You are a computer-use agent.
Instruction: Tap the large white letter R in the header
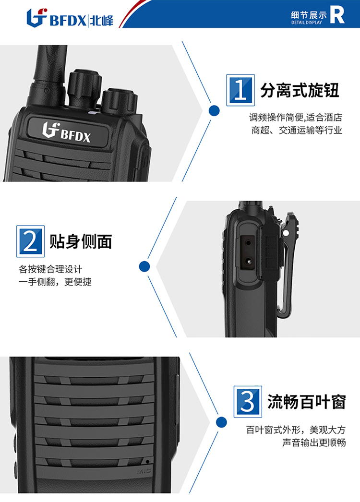[x=337, y=15]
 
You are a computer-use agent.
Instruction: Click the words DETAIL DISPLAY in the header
[x=307, y=23]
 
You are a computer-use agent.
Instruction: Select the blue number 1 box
[x=240, y=90]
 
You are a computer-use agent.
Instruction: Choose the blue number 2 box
[x=30, y=241]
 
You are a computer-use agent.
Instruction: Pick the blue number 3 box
[x=248, y=402]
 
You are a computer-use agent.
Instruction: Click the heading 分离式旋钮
[x=300, y=90]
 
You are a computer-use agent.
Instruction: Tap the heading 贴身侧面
[x=81, y=241]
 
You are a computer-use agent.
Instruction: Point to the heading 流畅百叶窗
[x=307, y=402]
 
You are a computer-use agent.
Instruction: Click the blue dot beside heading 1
[x=214, y=111]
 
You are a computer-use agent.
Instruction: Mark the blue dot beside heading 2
[x=144, y=266]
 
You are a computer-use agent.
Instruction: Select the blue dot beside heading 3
[x=221, y=422]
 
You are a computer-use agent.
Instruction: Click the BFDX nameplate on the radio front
[x=68, y=131]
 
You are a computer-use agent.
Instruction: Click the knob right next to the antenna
[x=84, y=88]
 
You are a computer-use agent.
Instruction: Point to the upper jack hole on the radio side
[x=248, y=243]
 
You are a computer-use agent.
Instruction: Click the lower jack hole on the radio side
[x=248, y=261]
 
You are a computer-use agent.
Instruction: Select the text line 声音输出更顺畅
[x=314, y=442]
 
